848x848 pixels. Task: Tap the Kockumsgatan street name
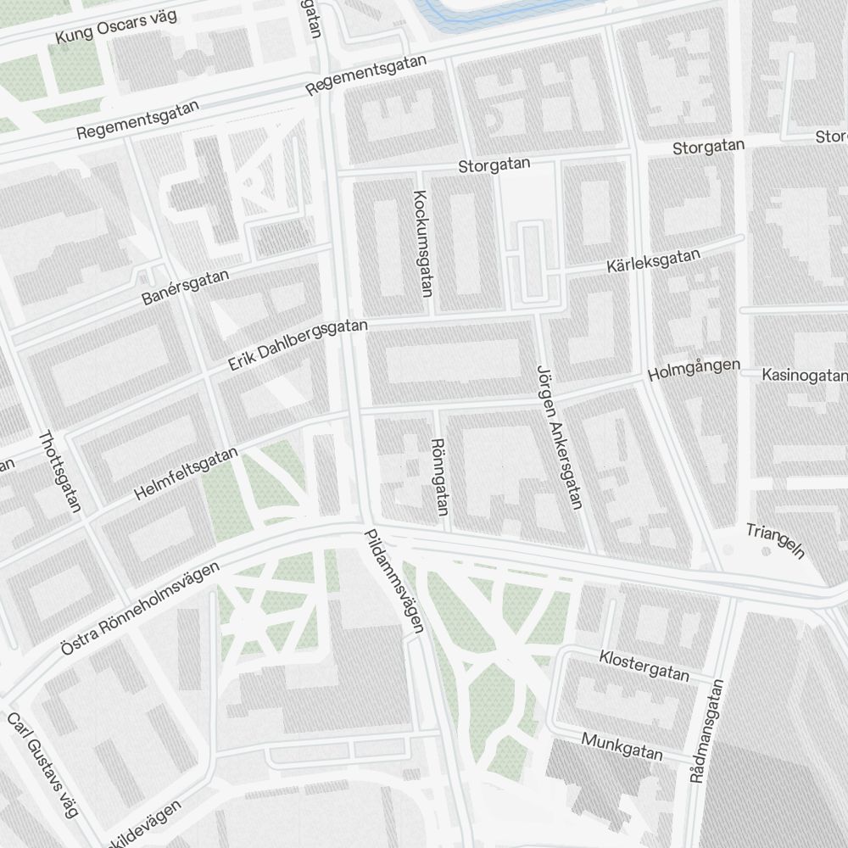[x=422, y=243]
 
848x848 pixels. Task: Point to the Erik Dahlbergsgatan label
[x=298, y=345]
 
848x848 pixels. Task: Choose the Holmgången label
[x=694, y=370]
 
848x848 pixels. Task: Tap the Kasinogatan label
[x=804, y=375]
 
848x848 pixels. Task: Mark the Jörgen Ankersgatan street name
[x=559, y=437]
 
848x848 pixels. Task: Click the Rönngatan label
[x=439, y=477]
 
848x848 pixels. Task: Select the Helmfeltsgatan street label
[x=186, y=474]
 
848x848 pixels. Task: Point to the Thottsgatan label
[x=59, y=471]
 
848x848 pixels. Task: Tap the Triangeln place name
[x=774, y=542]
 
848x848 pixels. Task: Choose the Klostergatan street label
[x=644, y=666]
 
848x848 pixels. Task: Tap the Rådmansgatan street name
[x=707, y=731]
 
